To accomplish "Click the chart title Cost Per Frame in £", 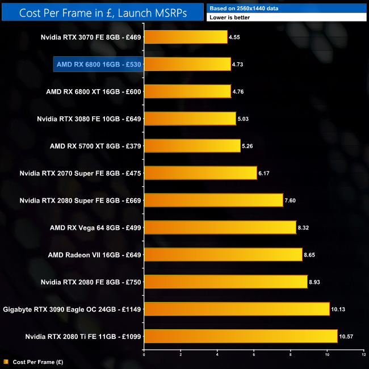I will (x=102, y=12).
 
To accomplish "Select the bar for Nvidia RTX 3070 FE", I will (x=186, y=37).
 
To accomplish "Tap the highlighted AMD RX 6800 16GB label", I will (x=98, y=64).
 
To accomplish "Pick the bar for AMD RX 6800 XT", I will (x=187, y=91).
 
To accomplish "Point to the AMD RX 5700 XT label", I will (x=95, y=146).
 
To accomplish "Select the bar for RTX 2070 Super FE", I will (x=200, y=173).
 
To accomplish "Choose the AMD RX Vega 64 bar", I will (x=220, y=228).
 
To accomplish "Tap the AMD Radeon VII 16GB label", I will (x=95, y=255).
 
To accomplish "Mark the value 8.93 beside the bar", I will (x=316, y=282).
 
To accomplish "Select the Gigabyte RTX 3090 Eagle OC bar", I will (x=237, y=309).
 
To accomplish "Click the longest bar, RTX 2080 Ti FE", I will (x=241, y=337).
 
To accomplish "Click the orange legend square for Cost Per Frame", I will (x=6, y=361).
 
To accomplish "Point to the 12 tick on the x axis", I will (x=363, y=355).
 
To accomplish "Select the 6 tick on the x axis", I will (x=254, y=355).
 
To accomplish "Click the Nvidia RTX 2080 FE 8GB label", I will (x=91, y=282).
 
